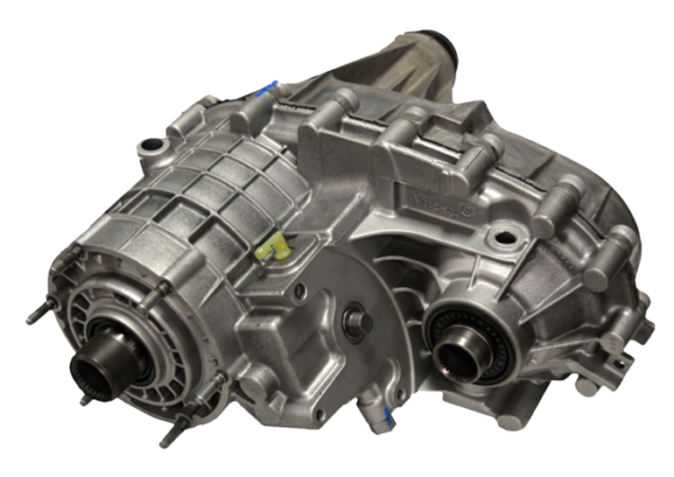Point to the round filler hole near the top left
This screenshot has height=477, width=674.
(x=154, y=144)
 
